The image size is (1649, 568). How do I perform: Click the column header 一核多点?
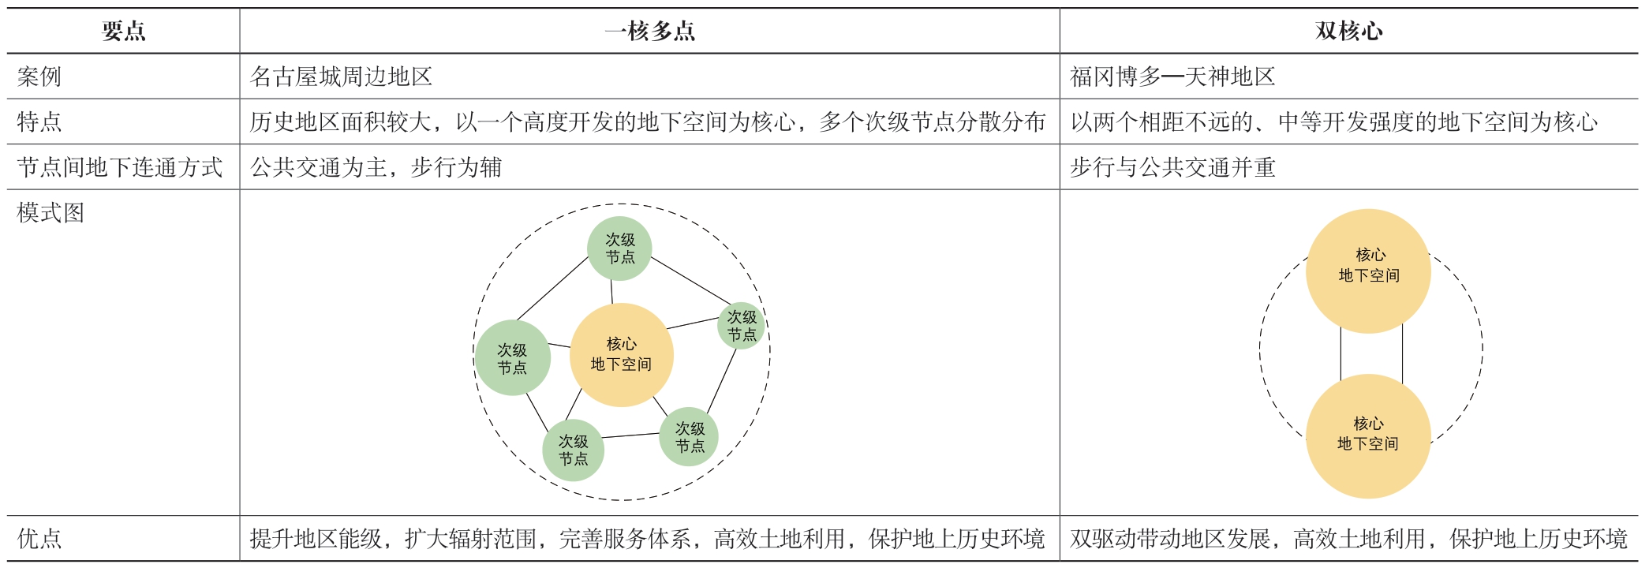[649, 31]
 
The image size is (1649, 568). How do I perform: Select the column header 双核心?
[1348, 31]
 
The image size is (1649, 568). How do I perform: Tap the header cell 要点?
[124, 31]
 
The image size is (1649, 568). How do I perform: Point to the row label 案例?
[39, 77]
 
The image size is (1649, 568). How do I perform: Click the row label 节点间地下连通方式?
[120, 167]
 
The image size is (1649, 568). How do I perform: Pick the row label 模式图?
[50, 213]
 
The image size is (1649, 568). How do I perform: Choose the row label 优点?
[39, 539]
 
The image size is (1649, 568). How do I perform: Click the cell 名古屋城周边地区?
[342, 77]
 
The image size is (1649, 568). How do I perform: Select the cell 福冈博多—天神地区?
[1172, 77]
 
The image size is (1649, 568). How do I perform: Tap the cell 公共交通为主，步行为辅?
[376, 167]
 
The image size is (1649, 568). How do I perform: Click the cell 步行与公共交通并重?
[1172, 167]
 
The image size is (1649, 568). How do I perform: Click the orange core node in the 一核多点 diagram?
[622, 355]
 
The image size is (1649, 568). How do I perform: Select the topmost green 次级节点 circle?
[619, 248]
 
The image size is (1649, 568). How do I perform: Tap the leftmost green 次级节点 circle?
[512, 358]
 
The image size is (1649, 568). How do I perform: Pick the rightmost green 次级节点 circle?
[742, 326]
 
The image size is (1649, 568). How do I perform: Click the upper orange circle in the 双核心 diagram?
[1368, 271]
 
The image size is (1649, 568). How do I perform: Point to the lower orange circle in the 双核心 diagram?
[1368, 436]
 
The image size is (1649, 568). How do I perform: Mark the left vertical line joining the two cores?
[1341, 353]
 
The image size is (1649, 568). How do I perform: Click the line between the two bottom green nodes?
[631, 435]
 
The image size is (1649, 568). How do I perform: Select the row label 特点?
[39, 121]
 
